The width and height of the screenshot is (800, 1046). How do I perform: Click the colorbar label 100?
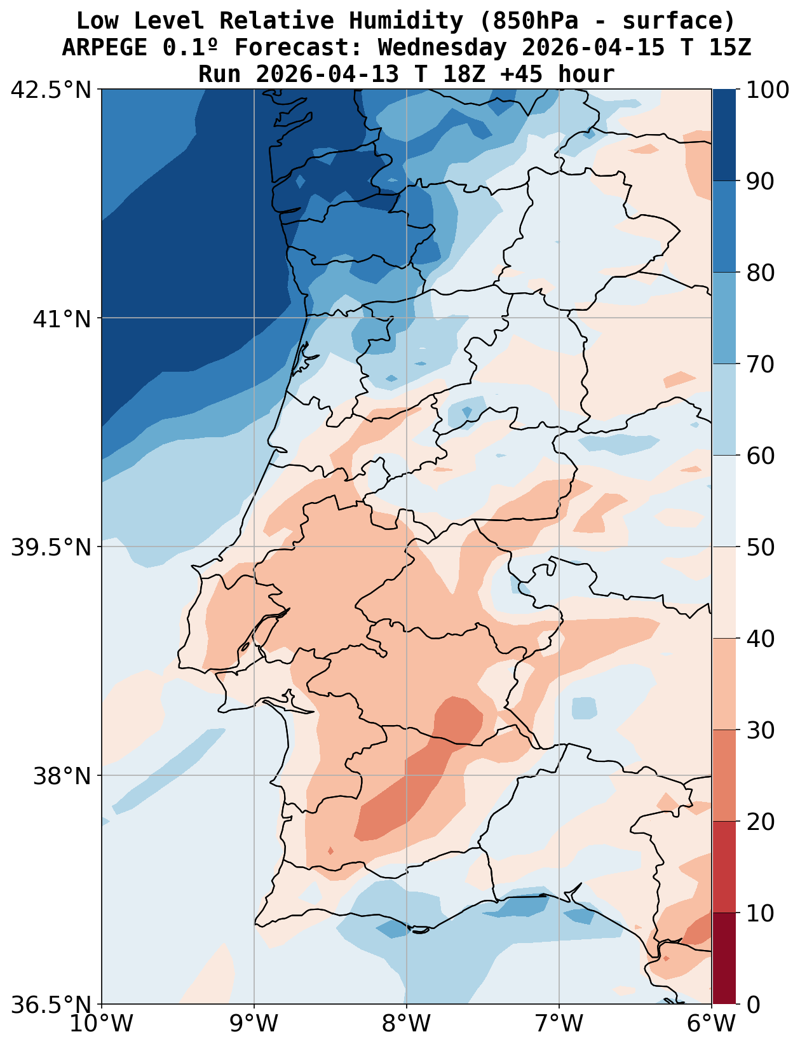(x=767, y=90)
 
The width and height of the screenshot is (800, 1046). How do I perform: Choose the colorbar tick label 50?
(x=760, y=547)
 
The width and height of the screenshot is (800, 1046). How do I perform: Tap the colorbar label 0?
(x=752, y=1005)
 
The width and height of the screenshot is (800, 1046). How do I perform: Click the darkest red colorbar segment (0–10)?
(x=724, y=958)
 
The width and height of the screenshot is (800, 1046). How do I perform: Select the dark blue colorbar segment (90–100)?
(x=724, y=135)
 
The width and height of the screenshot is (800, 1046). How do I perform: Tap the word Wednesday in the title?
(x=442, y=48)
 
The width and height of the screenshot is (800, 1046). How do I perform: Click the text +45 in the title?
(x=522, y=74)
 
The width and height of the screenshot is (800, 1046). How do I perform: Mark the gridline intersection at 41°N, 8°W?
(x=407, y=318)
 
